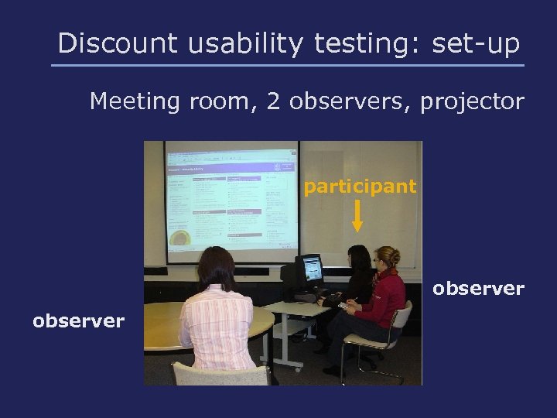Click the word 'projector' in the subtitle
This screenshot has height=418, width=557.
coord(473,101)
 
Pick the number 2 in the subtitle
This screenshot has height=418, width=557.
coord(272,101)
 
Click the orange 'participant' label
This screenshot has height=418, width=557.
coord(360,187)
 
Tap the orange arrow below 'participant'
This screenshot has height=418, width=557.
coord(357,216)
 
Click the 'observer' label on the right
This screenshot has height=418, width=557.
coord(478,289)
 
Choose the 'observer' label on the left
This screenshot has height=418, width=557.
coord(78,320)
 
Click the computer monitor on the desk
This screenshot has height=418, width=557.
coord(311,269)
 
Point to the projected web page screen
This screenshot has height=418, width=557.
coord(231,201)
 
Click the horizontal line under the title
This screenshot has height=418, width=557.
coord(288,65)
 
